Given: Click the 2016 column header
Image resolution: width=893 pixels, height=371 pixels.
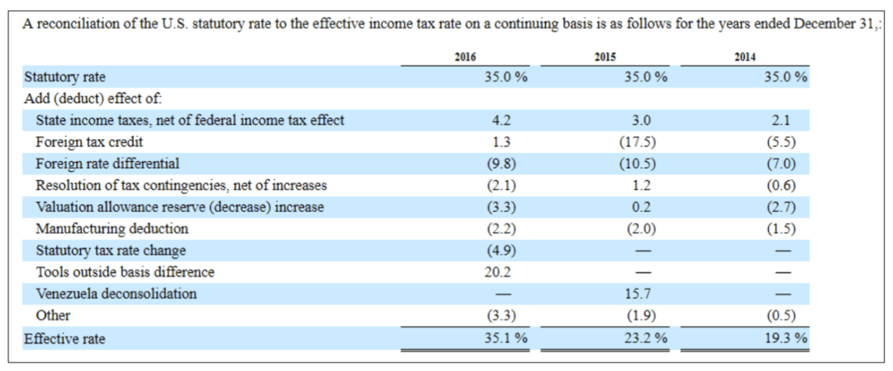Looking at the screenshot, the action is [x=465, y=57].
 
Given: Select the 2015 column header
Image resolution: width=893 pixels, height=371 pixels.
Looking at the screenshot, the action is [x=605, y=57].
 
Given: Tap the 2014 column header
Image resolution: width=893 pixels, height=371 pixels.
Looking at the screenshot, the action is [x=745, y=57].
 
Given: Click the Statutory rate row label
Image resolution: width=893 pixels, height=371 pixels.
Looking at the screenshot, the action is [x=65, y=77].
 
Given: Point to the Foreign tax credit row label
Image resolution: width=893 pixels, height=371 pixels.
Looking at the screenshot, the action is [x=89, y=142].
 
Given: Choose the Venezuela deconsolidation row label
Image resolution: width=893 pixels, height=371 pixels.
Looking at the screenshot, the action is [x=116, y=294].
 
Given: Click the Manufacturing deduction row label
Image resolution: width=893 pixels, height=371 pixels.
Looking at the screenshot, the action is [x=112, y=229].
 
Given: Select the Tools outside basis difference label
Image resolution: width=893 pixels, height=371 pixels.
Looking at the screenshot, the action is [x=125, y=272].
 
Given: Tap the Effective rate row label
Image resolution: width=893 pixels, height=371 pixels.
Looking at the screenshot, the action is [x=65, y=338].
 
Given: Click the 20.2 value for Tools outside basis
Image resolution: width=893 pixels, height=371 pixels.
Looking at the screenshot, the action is [x=498, y=272].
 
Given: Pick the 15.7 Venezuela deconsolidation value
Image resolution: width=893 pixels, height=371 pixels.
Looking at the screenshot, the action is [x=637, y=294].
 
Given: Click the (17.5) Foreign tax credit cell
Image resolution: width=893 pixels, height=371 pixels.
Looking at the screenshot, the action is [x=637, y=142].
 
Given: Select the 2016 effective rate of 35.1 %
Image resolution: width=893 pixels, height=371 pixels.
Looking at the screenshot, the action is [x=506, y=338].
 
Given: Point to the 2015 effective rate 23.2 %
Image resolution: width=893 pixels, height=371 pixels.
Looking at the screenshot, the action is [x=646, y=338].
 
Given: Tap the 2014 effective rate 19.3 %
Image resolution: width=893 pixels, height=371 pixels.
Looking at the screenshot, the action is [x=786, y=338].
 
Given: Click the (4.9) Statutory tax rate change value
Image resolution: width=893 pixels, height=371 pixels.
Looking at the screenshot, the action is [x=501, y=251].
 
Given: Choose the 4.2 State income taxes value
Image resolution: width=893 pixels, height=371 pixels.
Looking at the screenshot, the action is [x=501, y=120].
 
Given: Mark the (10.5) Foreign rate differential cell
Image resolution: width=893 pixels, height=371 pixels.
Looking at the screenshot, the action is [x=637, y=164].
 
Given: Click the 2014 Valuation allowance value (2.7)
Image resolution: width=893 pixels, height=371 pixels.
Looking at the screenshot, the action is [x=781, y=207].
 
